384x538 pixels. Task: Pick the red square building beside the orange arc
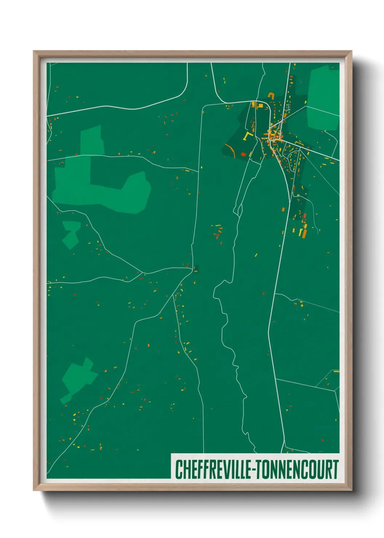(x=243, y=154)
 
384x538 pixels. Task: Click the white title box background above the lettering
(x=254, y=457)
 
